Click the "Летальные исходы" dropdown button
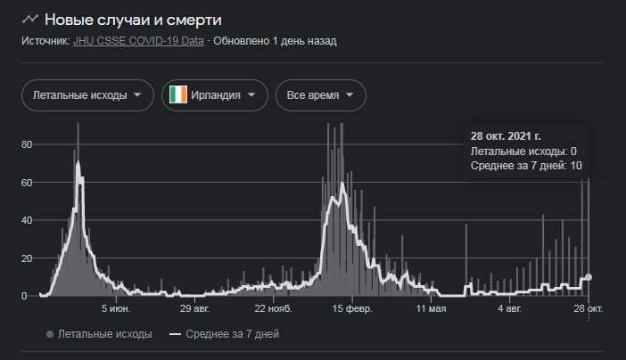86,95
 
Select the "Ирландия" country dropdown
215,95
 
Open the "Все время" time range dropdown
320,95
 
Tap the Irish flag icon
178,95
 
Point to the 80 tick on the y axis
27,144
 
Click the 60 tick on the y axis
27,183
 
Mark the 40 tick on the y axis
27,220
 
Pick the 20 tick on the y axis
27,258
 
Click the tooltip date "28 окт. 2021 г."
507,136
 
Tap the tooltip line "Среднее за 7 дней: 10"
526,166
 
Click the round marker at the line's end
589,277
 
